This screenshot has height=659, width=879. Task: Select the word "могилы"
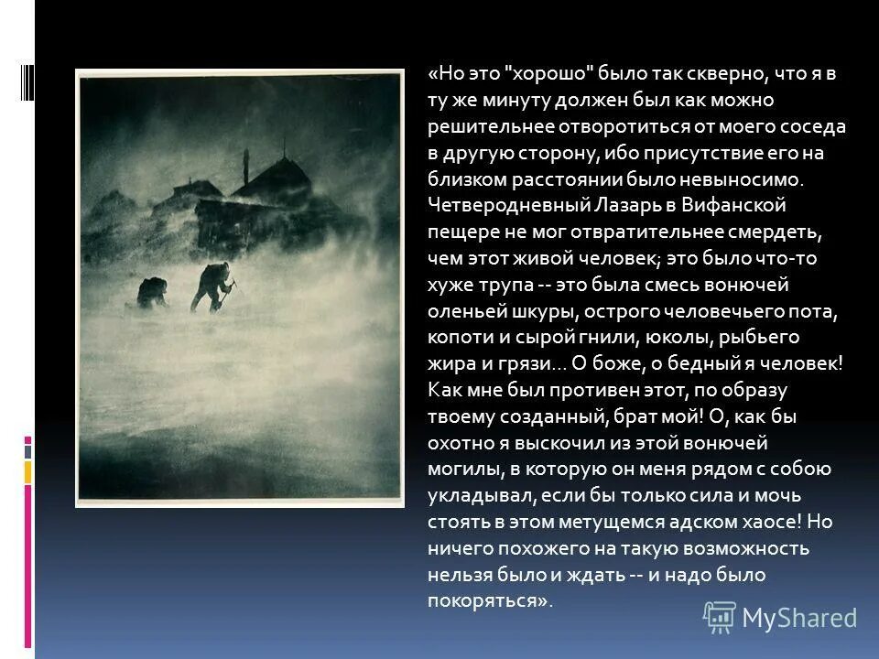click(x=458, y=469)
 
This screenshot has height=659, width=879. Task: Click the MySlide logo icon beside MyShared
click(x=720, y=617)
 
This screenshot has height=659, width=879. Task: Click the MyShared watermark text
click(x=798, y=618)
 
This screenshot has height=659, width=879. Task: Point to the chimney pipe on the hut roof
click(x=244, y=165)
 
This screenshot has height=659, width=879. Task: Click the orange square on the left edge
click(x=28, y=471)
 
